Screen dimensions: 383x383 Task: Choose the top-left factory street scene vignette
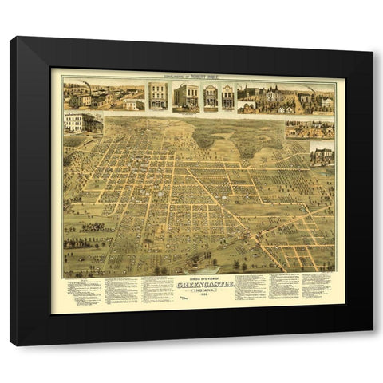tap(104, 96)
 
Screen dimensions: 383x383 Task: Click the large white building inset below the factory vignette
tap(83, 122)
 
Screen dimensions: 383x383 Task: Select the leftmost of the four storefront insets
tap(158, 96)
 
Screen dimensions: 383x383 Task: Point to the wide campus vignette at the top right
tap(285, 97)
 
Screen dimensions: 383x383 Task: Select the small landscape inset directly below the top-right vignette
tap(310, 129)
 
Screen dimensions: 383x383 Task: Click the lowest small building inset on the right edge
tap(322, 154)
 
